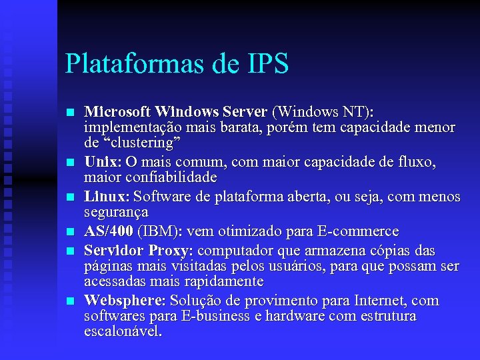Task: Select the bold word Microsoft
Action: click(118, 110)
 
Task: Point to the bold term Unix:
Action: click(103, 161)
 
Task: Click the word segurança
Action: click(116, 212)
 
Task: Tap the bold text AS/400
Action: click(109, 231)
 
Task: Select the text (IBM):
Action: click(160, 231)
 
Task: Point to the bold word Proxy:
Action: click(171, 251)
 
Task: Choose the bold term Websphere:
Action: click(126, 301)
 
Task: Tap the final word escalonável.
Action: click(123, 331)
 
